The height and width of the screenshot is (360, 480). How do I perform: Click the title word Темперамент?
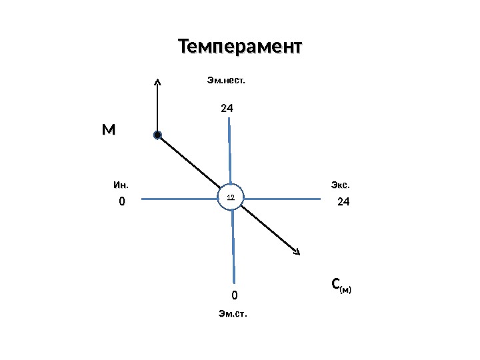coord(239,47)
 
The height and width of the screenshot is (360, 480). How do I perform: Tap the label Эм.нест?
coord(226,81)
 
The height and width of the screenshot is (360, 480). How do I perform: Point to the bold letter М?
coord(108,130)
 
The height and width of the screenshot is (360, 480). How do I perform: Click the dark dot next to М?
coord(157,135)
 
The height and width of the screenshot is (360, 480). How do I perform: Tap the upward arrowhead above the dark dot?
coord(157,82)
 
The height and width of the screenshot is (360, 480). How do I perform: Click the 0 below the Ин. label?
coord(121,201)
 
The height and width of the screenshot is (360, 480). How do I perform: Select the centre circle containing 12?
coord(231,198)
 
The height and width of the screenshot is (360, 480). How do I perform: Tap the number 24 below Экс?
coord(343,201)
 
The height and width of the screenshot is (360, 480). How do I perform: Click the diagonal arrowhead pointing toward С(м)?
coord(297,251)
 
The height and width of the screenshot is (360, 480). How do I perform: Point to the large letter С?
coord(336,285)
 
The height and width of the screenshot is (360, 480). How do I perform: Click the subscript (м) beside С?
coord(346,289)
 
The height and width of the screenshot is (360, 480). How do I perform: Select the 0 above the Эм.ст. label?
coord(234,295)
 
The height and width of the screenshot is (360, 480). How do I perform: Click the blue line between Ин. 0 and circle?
coord(180,198)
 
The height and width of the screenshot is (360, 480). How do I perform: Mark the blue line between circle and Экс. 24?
coord(283,198)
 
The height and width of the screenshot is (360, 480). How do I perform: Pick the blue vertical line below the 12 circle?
coord(233,247)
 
